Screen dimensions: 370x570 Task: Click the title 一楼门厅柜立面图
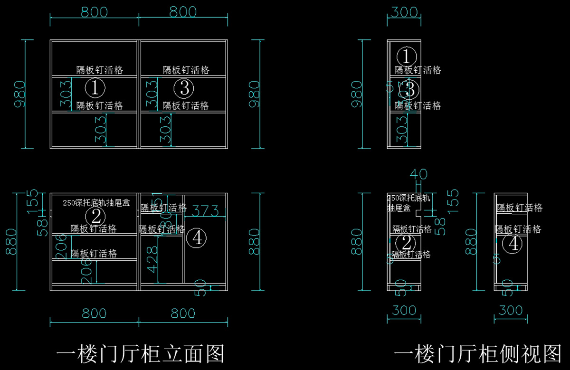point(140,354)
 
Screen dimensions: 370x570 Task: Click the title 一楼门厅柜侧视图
point(478,354)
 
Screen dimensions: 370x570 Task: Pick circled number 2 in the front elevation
point(95,217)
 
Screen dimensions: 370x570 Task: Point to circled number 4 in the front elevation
point(196,238)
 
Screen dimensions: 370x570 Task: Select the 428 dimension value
point(152,259)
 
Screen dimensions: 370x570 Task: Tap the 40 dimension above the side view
point(418,174)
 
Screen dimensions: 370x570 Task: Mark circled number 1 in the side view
point(406,57)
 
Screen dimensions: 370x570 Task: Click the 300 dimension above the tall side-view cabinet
point(403,12)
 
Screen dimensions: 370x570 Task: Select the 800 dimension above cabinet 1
point(94,12)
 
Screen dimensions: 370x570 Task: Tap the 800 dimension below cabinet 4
point(183,313)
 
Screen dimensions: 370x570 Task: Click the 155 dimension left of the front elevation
point(32,200)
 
